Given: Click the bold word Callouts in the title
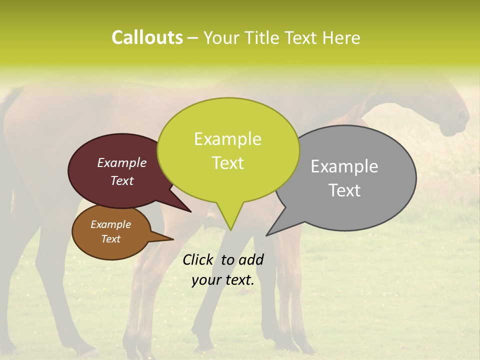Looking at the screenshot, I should coord(147,37).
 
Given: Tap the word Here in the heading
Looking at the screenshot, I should coord(341,38).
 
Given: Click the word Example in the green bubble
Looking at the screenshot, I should coord(227,139).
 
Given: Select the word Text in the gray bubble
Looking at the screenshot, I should coord(344,190).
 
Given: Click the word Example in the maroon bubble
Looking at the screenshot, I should coord(122,162).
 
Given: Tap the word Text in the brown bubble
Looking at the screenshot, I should coord(110,239).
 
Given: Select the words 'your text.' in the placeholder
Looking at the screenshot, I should coord(223,280).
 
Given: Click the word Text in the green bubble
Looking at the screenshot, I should coord(228,163).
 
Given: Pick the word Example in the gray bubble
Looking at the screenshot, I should coord(344,166).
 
